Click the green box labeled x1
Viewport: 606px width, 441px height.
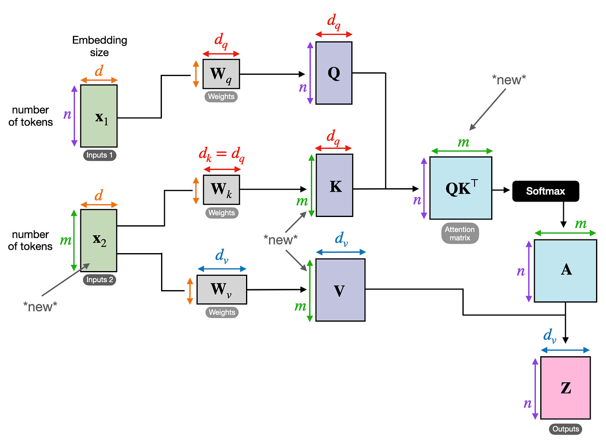tap(99, 116)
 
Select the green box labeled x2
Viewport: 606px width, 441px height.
tap(99, 240)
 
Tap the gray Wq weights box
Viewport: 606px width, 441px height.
tap(221, 74)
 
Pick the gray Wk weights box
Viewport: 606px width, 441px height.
tap(221, 190)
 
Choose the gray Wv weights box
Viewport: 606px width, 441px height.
tap(221, 289)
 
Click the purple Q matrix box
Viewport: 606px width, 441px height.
tap(334, 73)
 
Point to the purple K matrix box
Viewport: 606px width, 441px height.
tap(335, 185)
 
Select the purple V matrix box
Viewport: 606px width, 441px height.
tap(340, 290)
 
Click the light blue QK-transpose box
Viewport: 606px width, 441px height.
tap(461, 188)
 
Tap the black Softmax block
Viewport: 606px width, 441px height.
tap(545, 191)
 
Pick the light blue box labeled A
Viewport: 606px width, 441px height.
tap(565, 271)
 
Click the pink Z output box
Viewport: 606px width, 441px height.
tap(565, 388)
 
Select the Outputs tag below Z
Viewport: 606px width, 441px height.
tap(565, 429)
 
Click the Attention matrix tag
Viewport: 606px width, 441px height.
tap(460, 234)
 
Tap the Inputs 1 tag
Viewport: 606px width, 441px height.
tap(99, 155)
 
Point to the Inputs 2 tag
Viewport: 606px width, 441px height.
tap(99, 280)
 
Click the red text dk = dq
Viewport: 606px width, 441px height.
tap(221, 155)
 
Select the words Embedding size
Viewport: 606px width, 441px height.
tap(99, 46)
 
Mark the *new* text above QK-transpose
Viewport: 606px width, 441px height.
tap(509, 80)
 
